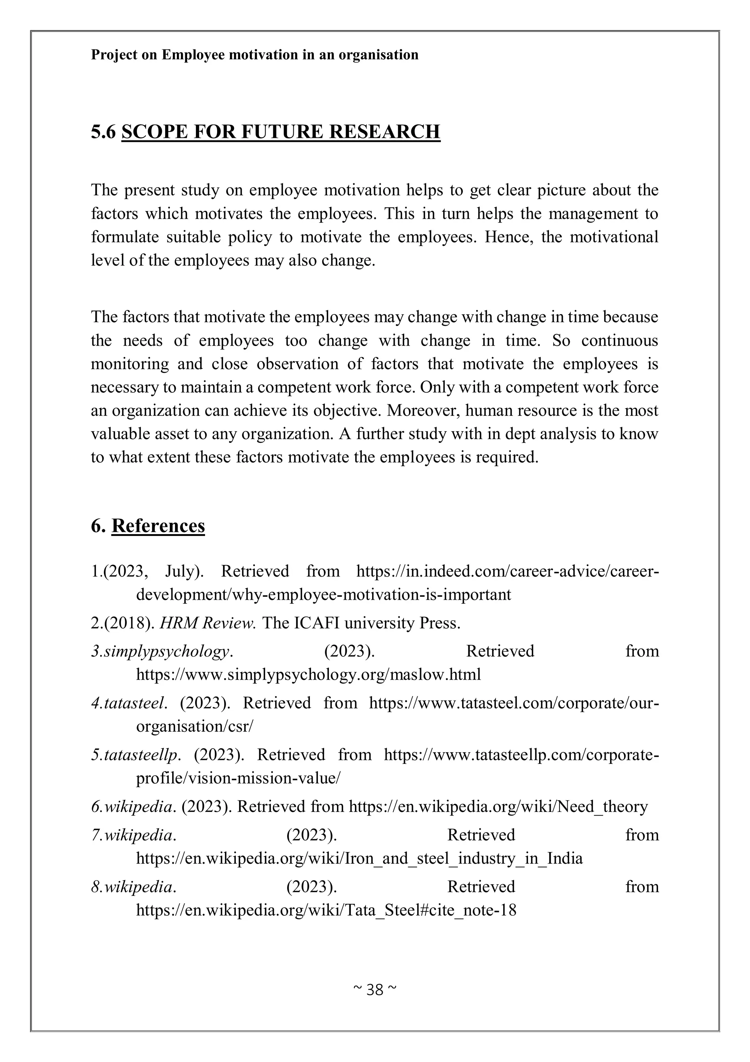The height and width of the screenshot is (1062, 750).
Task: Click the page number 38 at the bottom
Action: coord(375,989)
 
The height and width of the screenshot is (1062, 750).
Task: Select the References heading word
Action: coord(158,526)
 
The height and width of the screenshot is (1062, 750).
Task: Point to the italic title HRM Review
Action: coord(208,623)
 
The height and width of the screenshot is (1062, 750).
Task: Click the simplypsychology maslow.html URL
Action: coord(308,675)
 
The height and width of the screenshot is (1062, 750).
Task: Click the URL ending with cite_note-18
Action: coord(326,910)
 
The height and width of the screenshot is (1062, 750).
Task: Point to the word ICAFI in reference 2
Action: coord(316,623)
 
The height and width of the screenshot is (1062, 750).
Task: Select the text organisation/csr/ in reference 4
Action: coord(194,726)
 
